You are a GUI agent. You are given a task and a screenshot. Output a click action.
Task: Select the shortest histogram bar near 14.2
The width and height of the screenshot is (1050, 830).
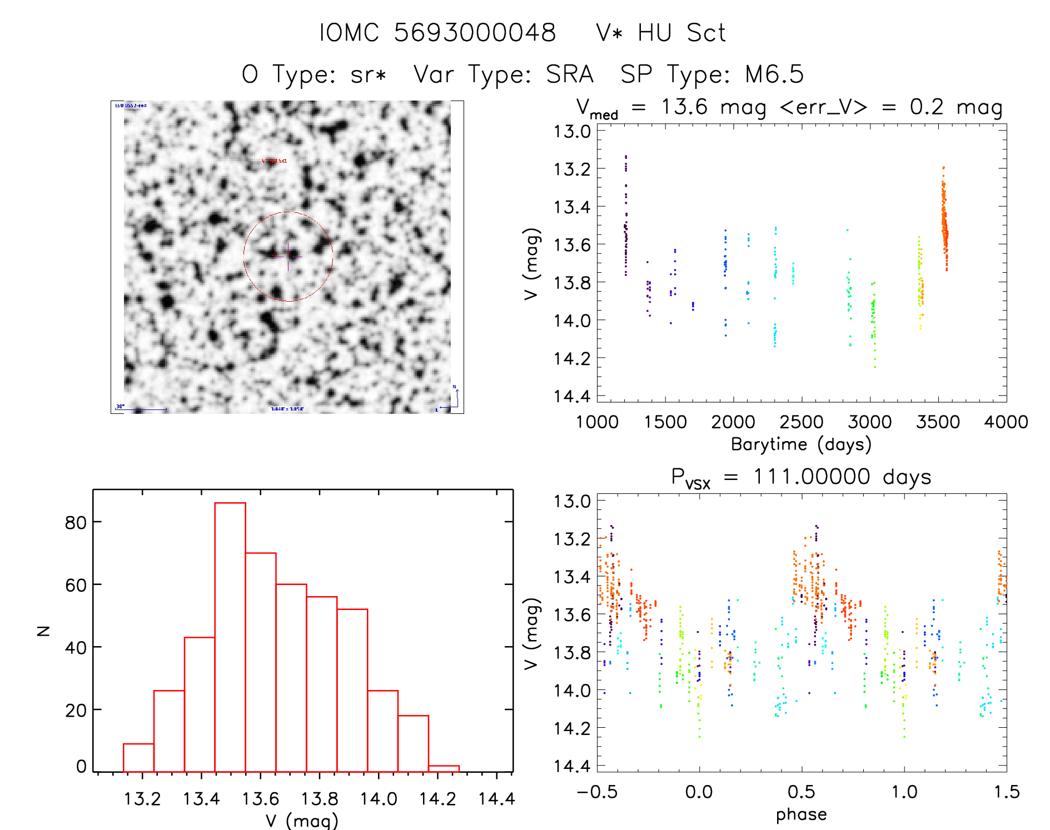[444, 768]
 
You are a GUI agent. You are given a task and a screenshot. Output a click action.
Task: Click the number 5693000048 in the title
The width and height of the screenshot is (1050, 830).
[475, 33]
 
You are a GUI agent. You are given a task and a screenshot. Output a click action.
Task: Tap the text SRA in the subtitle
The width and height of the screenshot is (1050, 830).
[570, 74]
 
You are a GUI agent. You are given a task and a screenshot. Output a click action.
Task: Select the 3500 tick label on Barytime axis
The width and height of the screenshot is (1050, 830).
[938, 422]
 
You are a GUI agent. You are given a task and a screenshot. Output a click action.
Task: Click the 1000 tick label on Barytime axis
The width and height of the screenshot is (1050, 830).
[597, 422]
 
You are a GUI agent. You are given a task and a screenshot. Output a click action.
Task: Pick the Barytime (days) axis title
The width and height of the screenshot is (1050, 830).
[801, 444]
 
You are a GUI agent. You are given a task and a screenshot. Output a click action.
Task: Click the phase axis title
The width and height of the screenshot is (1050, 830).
[801, 814]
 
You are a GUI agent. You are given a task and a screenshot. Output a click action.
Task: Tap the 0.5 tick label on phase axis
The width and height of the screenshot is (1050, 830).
[802, 792]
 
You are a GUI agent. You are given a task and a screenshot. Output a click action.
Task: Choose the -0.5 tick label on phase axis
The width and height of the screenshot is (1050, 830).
[597, 792]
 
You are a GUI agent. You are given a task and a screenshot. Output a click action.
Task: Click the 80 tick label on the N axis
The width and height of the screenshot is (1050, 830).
[76, 522]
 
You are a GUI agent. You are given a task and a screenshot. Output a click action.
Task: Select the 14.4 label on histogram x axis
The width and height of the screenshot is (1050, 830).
[496, 799]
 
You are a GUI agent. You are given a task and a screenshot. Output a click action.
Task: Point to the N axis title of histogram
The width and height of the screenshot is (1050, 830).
[43, 631]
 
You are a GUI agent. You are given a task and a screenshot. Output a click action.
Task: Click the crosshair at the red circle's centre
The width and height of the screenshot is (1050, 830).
[288, 256]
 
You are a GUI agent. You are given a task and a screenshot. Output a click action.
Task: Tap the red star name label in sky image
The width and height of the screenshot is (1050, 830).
[274, 161]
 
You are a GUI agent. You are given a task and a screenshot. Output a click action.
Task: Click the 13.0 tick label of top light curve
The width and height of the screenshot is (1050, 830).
[572, 132]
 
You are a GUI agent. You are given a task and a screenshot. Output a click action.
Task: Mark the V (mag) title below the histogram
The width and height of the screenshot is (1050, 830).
[302, 821]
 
